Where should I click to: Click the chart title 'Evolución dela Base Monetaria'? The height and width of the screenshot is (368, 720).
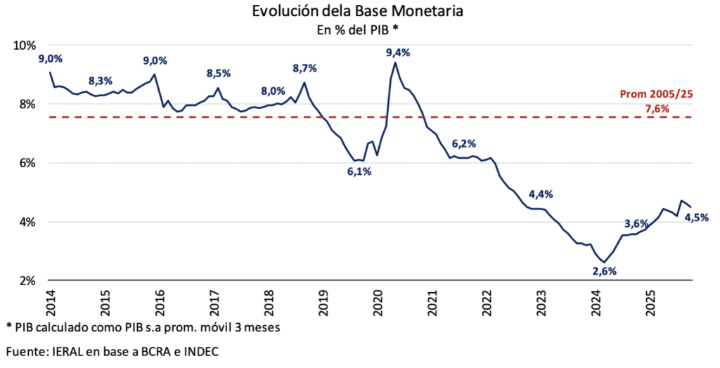[359, 12]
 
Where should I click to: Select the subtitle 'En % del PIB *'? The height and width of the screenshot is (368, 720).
[359, 29]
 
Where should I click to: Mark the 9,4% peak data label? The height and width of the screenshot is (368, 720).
[398, 53]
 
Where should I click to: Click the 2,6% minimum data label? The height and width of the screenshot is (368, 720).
[604, 271]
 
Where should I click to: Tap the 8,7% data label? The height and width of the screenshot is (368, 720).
[304, 68]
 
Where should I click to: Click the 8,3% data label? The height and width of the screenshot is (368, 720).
[101, 81]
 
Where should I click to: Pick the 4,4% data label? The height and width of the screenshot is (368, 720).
[541, 194]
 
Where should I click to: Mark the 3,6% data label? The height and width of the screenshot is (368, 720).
[636, 223]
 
